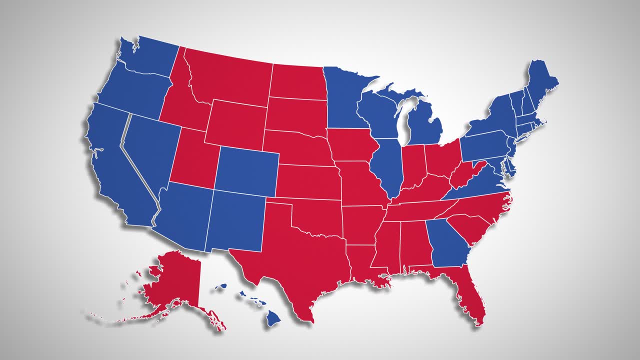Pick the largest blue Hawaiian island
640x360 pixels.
(x=272, y=317)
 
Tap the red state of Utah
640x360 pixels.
(x=192, y=160)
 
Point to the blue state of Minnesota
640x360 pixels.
(x=345, y=97)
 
